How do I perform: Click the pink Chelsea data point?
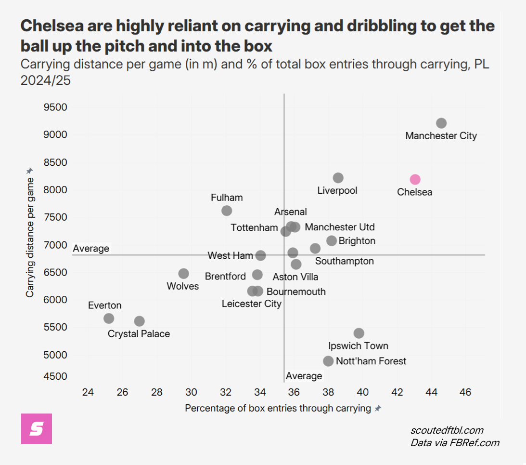[415, 179]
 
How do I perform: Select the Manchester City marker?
[441, 123]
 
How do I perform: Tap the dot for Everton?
[109, 319]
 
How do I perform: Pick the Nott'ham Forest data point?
[328, 361]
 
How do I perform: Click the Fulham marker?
[227, 211]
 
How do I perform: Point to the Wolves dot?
[183, 273]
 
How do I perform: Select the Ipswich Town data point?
[359, 333]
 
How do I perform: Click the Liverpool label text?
[337, 191]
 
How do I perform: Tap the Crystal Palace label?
[139, 333]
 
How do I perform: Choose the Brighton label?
[357, 241]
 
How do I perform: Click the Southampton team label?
[344, 261]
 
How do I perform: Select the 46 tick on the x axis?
[465, 392]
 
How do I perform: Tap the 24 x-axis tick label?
[88, 392]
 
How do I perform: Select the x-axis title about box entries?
[278, 409]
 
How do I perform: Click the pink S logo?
[37, 429]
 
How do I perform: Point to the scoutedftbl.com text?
[447, 430]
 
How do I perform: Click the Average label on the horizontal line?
[91, 249]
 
